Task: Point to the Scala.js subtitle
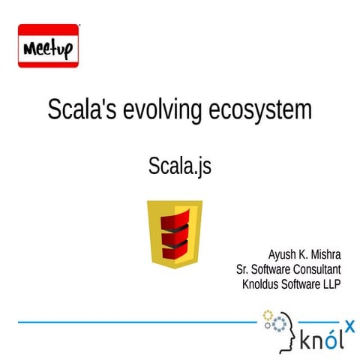[180, 166]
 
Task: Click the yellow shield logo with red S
[175, 233]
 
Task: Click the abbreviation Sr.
[242, 269]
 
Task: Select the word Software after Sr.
[271, 269]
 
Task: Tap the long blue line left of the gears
[135, 322]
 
